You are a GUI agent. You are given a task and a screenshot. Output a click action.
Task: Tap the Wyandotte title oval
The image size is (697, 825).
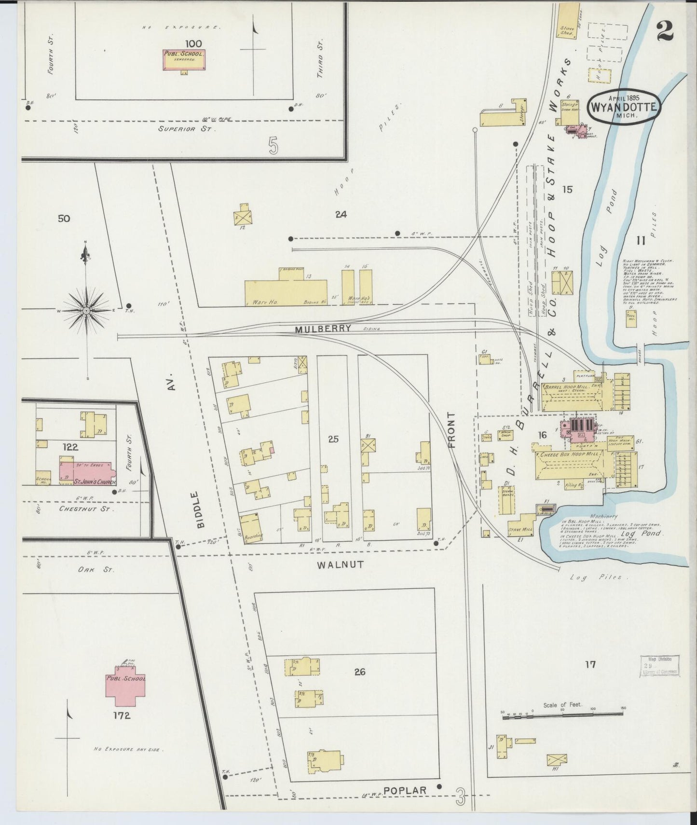click(623, 107)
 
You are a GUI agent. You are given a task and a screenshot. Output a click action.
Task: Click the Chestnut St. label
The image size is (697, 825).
click(86, 509)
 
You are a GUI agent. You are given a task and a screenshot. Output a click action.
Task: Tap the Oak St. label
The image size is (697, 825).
click(96, 570)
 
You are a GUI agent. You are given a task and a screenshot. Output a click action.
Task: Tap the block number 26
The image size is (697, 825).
click(360, 671)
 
